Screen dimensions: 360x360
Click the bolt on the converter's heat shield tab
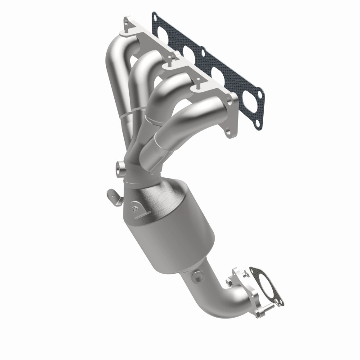(x=135, y=207)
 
